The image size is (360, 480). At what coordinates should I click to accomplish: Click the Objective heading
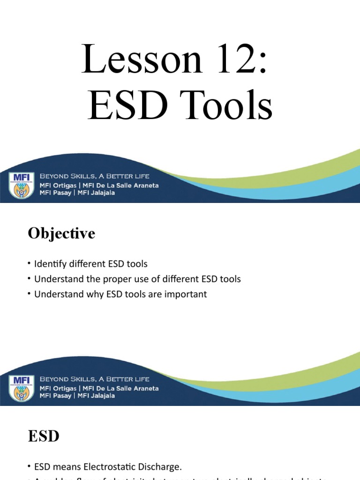[x=61, y=233]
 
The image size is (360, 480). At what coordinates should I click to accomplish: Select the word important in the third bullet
[x=185, y=294]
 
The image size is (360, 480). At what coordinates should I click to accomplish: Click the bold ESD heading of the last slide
[x=44, y=436]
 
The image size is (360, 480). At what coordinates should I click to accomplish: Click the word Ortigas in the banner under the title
[x=69, y=185]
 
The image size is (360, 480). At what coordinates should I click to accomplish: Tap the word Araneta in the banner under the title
[x=142, y=185]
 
